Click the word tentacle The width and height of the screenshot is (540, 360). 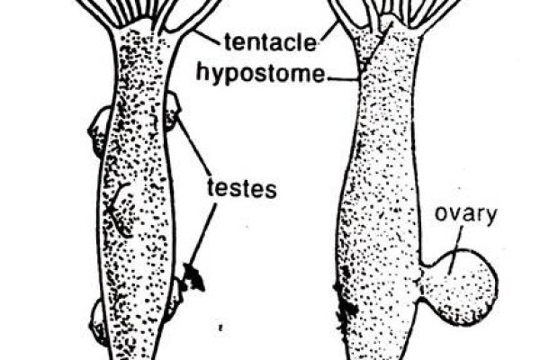tap(270, 42)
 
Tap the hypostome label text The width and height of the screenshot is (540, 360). tap(260, 73)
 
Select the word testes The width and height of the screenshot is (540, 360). tap(242, 189)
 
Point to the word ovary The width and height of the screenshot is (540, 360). tap(466, 215)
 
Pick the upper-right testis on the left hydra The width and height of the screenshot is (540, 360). tap(172, 111)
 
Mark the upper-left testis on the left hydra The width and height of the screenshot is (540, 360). tap(99, 130)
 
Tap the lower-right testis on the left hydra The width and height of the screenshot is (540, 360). tap(174, 299)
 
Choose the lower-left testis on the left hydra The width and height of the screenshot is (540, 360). tap(99, 322)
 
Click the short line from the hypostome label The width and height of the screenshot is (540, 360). tap(343, 79)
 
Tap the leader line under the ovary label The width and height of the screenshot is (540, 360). tap(454, 251)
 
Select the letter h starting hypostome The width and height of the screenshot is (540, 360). tap(202, 72)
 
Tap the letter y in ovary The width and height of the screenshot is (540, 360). tap(491, 217)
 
